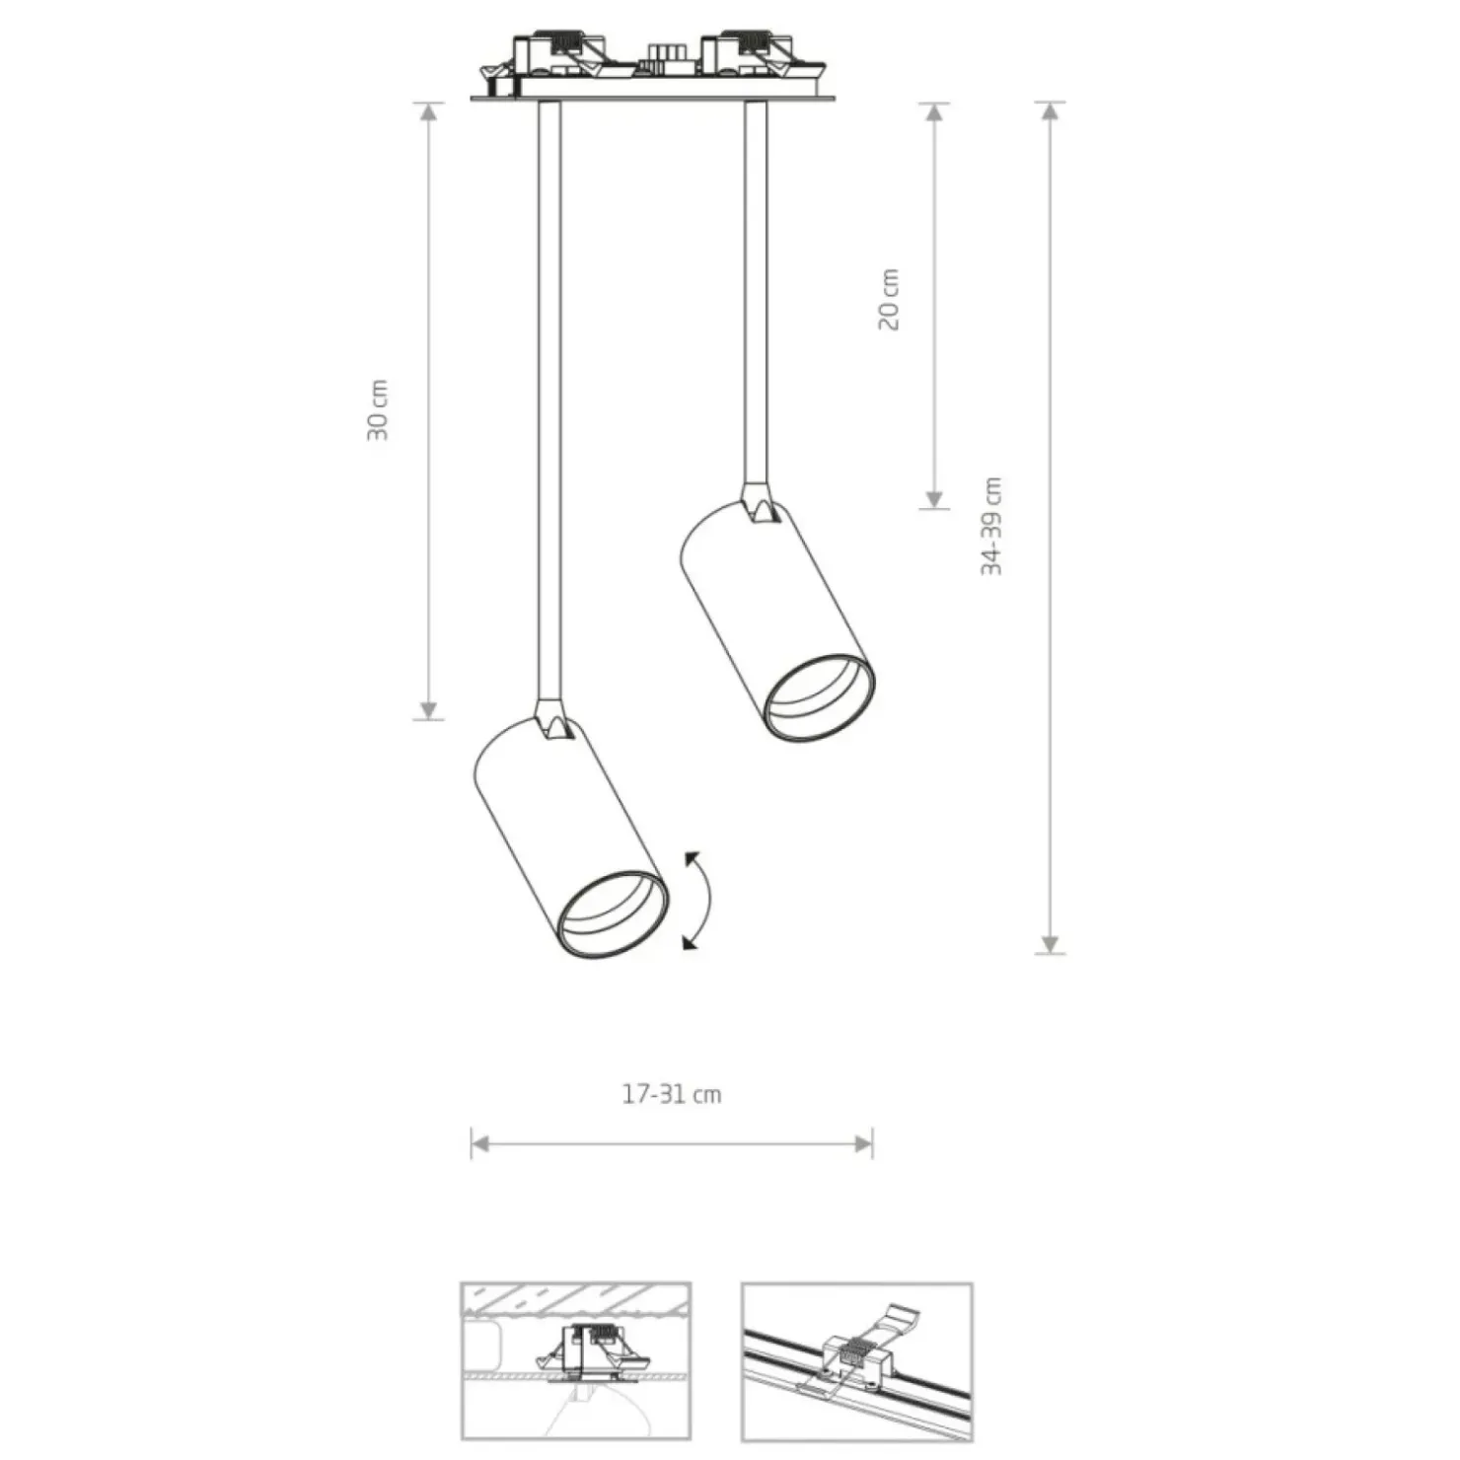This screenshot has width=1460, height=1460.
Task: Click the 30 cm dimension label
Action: coord(378,408)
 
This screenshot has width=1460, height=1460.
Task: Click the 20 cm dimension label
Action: coord(889,299)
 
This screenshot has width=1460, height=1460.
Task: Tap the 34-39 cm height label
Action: coord(991,526)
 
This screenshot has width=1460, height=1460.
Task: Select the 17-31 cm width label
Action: coord(672,1094)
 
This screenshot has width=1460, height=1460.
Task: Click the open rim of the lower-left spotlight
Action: coord(613,914)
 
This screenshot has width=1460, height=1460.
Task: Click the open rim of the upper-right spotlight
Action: coord(819,696)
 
